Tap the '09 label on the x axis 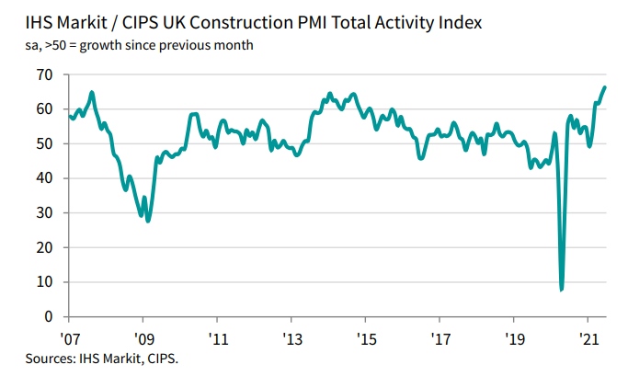pyautogui.click(x=143, y=336)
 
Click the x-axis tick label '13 pyautogui.click(x=291, y=336)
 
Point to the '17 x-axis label pyautogui.click(x=440, y=336)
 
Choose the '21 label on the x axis pyautogui.click(x=588, y=336)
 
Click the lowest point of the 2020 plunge pyautogui.click(x=561, y=290)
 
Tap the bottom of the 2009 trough pyautogui.click(x=148, y=221)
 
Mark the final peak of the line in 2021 pyautogui.click(x=604, y=87)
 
